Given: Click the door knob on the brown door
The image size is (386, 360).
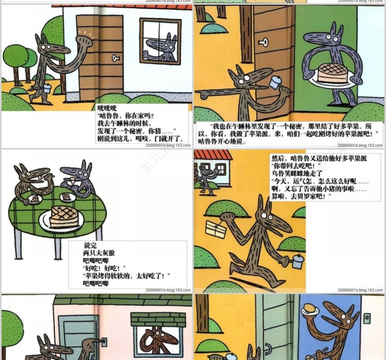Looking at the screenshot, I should pyautogui.click(x=115, y=58).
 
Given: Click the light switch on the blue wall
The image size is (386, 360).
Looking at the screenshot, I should pyautogui.click(x=367, y=317).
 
